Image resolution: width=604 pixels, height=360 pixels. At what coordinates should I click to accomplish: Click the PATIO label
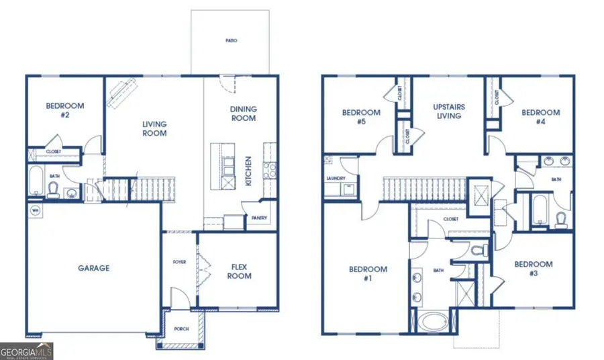[x=231, y=40]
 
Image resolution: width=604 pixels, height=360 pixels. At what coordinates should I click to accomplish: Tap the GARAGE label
[x=93, y=268]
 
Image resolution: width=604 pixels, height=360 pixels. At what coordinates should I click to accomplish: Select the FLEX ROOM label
[x=239, y=271]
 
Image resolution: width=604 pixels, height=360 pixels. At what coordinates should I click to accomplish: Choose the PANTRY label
[x=259, y=218]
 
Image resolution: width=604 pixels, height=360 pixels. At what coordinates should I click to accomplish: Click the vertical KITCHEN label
[x=248, y=171]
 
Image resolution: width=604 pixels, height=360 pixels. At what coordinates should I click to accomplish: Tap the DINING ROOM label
[x=243, y=114]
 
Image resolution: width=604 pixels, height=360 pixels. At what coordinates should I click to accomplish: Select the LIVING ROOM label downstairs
[x=154, y=128]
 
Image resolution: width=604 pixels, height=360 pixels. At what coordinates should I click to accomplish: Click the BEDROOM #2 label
[x=64, y=110]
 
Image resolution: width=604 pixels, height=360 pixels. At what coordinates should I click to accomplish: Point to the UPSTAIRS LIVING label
[x=449, y=111]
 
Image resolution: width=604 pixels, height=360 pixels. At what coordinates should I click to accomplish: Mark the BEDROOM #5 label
[x=361, y=117]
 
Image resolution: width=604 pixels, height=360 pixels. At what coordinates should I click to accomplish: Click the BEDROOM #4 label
[x=540, y=117]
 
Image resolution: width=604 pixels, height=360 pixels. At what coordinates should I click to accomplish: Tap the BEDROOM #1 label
[x=368, y=274]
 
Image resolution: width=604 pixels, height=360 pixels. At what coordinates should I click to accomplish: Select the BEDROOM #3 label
[x=534, y=269]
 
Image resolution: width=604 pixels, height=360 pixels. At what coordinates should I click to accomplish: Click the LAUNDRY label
[x=335, y=178]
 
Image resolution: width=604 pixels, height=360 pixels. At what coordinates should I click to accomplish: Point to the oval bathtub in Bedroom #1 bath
[x=436, y=320]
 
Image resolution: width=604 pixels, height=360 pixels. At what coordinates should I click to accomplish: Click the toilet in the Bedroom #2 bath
[x=53, y=191]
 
